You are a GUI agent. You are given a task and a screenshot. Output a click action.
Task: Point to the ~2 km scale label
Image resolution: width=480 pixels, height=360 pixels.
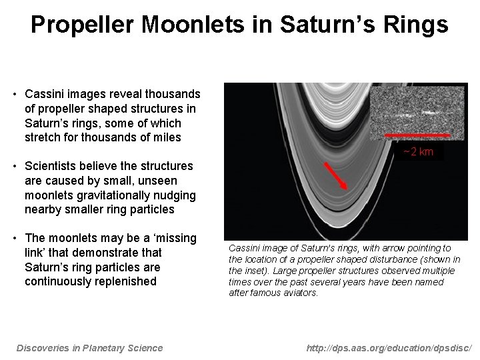(x=418, y=152)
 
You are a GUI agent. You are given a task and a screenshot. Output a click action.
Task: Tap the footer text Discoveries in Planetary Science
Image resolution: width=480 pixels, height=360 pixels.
(x=89, y=347)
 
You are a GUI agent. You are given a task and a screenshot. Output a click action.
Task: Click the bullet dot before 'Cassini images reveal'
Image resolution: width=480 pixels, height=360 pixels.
(x=15, y=94)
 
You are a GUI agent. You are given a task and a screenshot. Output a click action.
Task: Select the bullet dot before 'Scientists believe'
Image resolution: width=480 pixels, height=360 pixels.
(x=15, y=166)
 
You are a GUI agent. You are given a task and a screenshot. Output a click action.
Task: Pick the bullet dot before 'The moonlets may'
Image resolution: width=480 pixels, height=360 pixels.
(x=15, y=239)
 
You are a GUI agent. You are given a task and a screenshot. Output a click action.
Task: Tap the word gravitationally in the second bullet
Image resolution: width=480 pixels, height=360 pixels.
(x=107, y=195)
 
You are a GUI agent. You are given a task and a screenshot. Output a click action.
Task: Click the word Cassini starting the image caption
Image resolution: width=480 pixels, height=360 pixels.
(x=243, y=248)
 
